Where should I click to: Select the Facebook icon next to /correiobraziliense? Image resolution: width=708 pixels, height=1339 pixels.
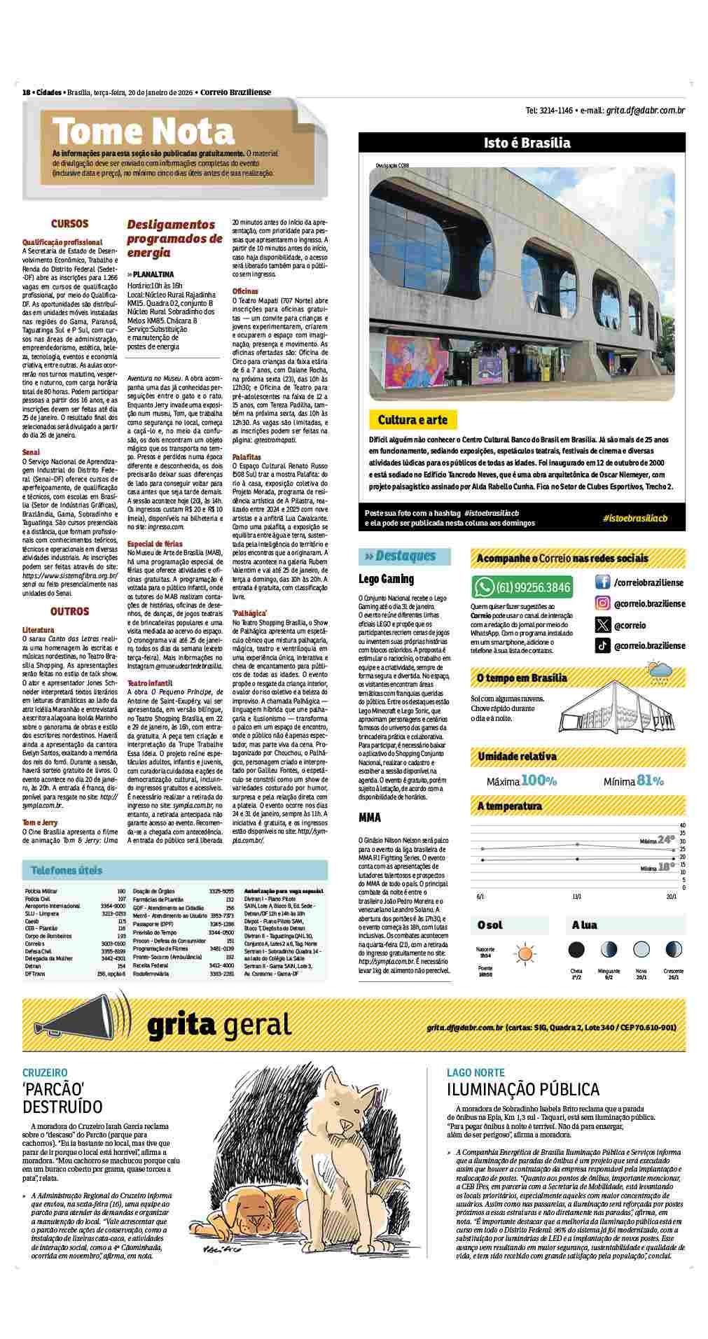(602, 582)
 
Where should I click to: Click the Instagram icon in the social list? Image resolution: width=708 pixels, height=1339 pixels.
(602, 603)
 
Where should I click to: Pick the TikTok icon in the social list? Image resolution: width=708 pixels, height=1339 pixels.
(602, 646)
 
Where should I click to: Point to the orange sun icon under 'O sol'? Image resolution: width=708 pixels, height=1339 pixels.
(525, 953)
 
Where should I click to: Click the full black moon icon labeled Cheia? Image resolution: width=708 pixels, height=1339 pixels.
(576, 950)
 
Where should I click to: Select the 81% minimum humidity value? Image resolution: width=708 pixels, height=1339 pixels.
(650, 780)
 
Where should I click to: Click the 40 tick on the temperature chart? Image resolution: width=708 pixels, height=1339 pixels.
(682, 825)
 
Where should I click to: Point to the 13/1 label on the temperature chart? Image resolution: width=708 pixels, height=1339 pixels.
(577, 896)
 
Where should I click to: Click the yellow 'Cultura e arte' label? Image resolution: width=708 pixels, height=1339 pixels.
(412, 420)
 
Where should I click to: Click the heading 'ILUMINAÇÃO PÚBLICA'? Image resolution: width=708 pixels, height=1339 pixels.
(523, 1089)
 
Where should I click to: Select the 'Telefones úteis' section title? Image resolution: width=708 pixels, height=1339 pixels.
(67, 871)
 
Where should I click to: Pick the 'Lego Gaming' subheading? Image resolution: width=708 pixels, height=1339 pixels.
(386, 579)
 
